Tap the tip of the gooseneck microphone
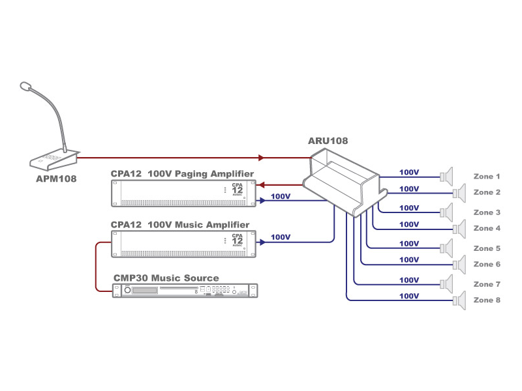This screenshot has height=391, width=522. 25,85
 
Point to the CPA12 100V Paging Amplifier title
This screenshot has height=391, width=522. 182,173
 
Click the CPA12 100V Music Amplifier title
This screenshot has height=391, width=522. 179,225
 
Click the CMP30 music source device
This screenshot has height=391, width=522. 185,291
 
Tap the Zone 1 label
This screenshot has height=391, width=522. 487,177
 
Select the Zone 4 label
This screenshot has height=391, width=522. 487,229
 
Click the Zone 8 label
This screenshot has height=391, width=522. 487,300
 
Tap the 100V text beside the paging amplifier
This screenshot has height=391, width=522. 280,196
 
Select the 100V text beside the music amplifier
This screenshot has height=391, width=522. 280,238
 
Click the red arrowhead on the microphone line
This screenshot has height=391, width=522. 261,158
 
